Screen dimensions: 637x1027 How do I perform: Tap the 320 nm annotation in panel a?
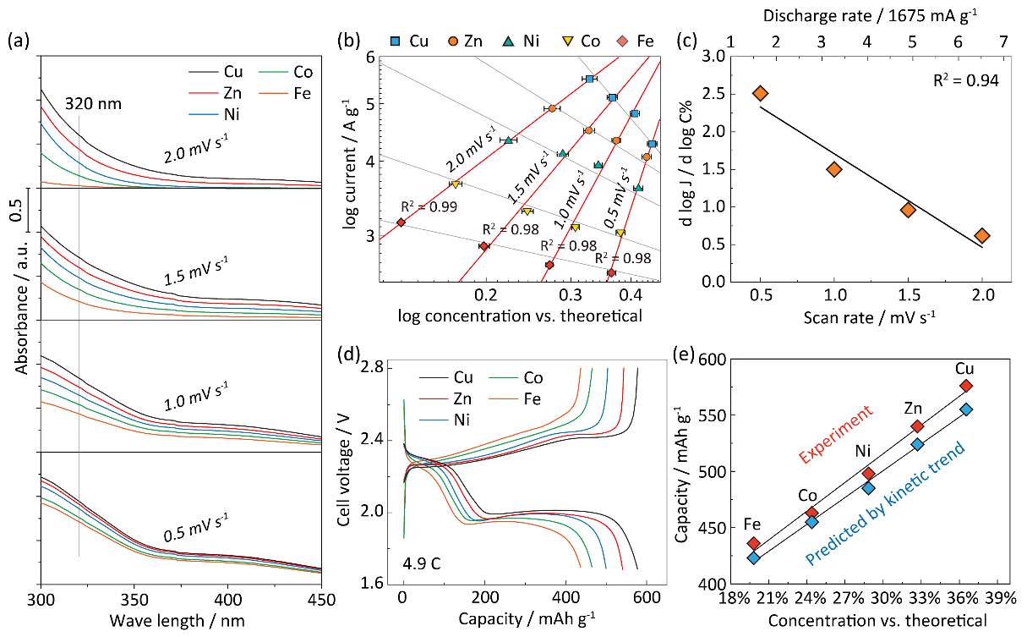[x=94, y=104]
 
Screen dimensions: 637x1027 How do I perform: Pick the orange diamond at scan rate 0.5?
[x=761, y=94]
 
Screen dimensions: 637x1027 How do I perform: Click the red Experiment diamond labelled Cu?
[x=966, y=386]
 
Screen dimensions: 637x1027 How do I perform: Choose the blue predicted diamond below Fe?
[x=753, y=557]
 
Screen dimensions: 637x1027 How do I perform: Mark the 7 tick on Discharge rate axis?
[x=1003, y=41]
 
